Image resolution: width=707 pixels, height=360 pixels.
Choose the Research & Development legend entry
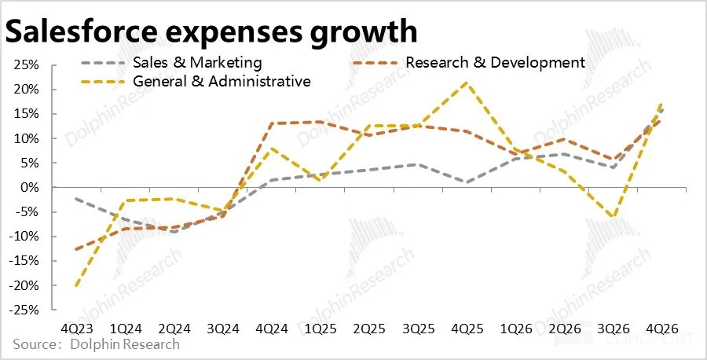click(x=495, y=62)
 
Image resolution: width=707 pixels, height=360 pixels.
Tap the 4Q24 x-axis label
click(x=272, y=329)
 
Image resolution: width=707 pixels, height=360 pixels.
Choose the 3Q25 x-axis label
click(x=419, y=329)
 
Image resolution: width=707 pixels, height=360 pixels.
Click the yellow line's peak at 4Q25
click(x=467, y=82)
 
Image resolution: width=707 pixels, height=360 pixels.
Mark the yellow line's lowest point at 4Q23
click(x=75, y=286)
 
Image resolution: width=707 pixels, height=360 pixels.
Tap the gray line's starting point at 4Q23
click(x=75, y=199)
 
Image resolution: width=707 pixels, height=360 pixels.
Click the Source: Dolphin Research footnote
click(x=96, y=344)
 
